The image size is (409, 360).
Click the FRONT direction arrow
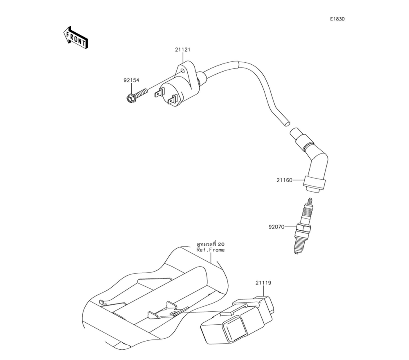pyautogui.click(x=76, y=38)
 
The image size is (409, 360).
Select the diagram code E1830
pyautogui.click(x=337, y=19)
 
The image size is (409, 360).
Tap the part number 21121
pyautogui.click(x=182, y=49)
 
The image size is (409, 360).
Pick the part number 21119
pyautogui.click(x=263, y=283)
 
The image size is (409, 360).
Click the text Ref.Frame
pyautogui.click(x=211, y=250)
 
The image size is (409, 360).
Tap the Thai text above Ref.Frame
pyautogui.click(x=211, y=244)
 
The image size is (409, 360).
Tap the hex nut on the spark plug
pyautogui.click(x=304, y=227)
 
